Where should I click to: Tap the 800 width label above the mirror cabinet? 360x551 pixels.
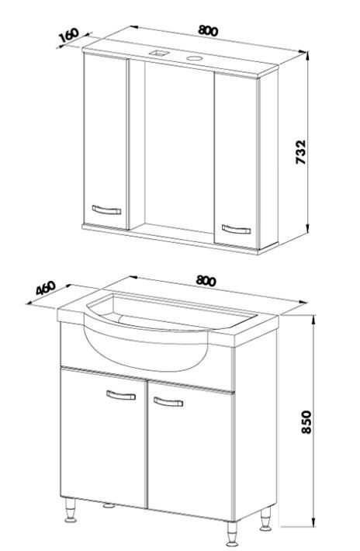[208, 31]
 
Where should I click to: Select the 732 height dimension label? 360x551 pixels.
[300, 152]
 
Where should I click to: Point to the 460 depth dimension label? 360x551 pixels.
[46, 287]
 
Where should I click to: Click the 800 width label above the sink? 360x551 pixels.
[206, 280]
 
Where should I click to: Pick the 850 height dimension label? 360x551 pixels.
[306, 421]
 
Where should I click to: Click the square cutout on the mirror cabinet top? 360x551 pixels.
[159, 53]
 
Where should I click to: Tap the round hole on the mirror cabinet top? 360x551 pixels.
[193, 58]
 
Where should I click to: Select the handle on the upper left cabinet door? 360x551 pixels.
[106, 210]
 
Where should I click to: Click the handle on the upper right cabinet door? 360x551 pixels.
[237, 229]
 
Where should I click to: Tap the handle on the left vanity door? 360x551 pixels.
[121, 395]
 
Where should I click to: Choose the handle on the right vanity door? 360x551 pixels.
[168, 402]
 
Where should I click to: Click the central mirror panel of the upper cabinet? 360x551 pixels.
[179, 147]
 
